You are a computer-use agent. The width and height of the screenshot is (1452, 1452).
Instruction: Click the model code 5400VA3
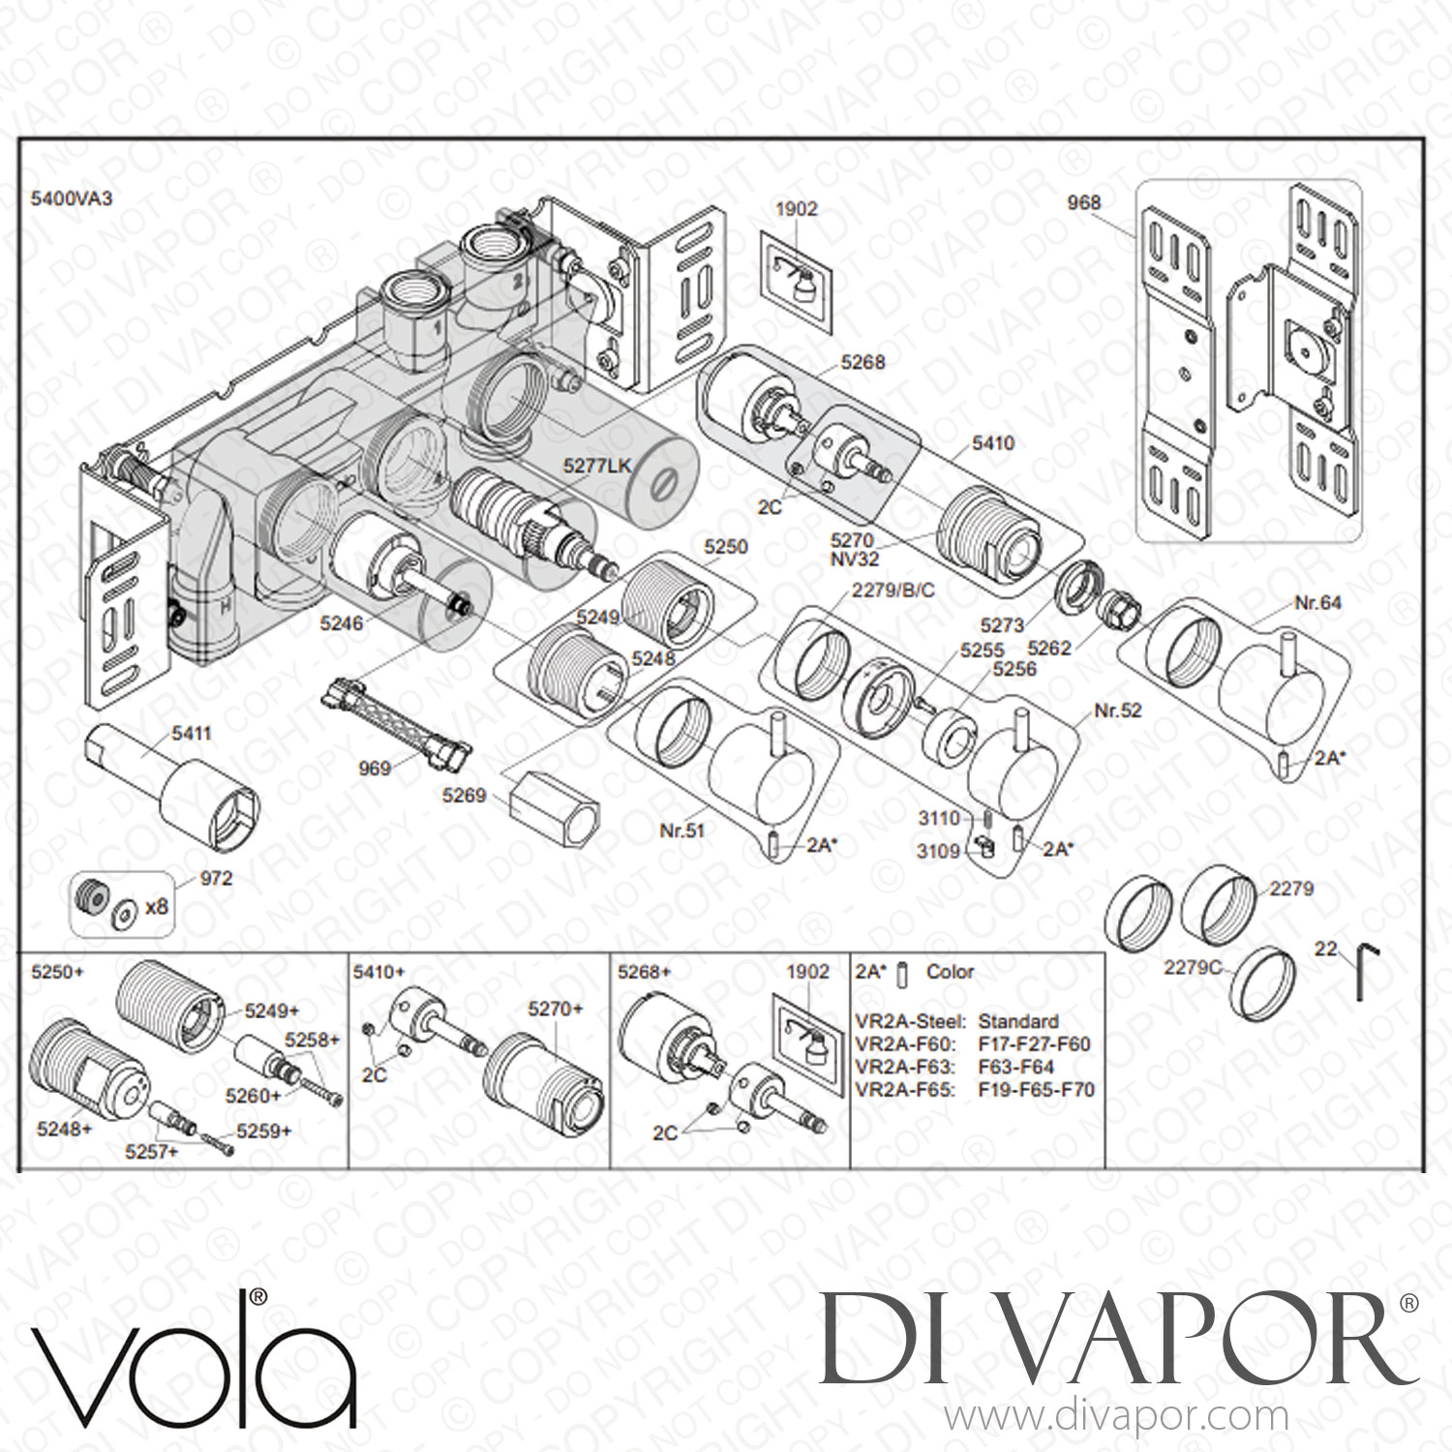73,198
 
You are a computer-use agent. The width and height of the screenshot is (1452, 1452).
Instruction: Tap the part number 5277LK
597,466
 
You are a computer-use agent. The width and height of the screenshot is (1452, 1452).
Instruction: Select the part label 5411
191,734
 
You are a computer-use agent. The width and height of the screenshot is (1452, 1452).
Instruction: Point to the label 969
375,769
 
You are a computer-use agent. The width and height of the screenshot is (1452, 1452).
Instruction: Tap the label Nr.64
1318,603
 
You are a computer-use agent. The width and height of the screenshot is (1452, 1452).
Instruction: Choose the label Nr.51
681,829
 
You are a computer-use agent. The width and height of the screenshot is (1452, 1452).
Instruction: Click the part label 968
1083,202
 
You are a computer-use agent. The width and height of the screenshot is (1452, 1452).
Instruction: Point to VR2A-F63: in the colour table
906,1067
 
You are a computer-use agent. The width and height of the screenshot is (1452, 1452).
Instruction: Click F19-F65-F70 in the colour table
1037,1089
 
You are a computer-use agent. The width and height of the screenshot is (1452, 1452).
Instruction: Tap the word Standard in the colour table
1018,1021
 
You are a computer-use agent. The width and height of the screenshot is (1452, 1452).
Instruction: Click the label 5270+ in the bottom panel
556,1009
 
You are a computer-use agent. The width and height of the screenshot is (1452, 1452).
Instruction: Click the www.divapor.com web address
1115,1416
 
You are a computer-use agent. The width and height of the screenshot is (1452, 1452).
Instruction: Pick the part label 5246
342,623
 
